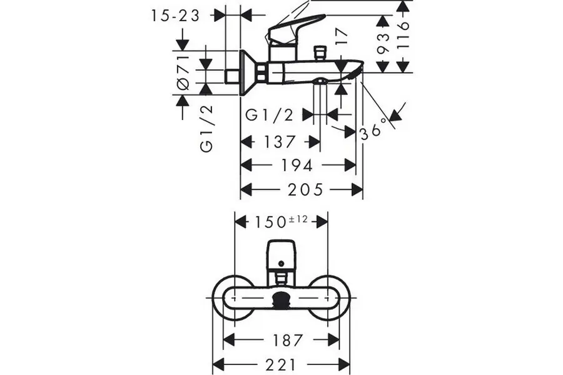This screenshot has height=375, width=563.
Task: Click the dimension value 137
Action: pyautogui.click(x=280, y=142)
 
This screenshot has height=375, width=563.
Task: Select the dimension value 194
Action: pyautogui.click(x=298, y=166)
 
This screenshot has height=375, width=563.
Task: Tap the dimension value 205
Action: pyautogui.click(x=302, y=189)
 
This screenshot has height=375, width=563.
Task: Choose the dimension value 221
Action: pyautogui.click(x=281, y=364)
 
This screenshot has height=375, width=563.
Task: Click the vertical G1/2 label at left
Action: pyautogui.click(x=206, y=128)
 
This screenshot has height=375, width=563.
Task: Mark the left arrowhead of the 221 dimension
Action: pyautogui.click(x=218, y=364)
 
